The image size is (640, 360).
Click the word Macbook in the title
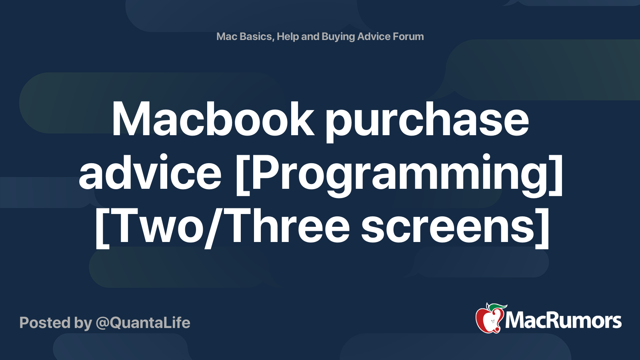coord(212,119)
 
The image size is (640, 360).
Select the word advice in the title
coord(150,173)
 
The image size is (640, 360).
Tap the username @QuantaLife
coord(143,323)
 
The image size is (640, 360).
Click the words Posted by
coord(56,323)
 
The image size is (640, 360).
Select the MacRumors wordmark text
coord(563,320)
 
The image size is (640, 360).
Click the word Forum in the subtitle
coord(408,36)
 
